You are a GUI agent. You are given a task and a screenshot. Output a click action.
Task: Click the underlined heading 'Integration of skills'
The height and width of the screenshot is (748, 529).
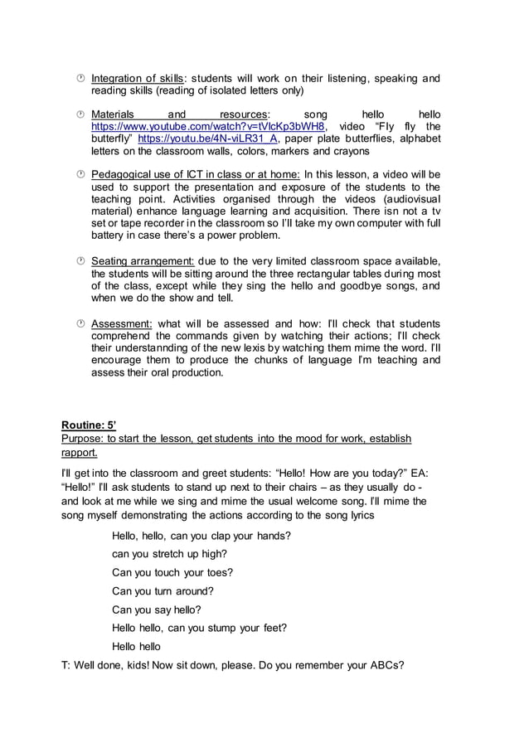click(x=137, y=79)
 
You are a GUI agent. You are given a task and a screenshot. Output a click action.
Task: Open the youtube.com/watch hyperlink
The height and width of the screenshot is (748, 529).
click(x=208, y=126)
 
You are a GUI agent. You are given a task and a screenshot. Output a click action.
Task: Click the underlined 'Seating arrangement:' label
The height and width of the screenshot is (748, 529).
click(x=142, y=262)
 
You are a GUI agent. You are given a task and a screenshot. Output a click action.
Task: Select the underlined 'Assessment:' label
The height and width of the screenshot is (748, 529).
click(x=121, y=323)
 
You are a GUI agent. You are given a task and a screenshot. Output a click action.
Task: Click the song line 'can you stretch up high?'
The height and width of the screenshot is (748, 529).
click(x=169, y=554)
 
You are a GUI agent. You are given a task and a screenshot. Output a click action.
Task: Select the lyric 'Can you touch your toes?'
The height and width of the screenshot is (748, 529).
click(x=172, y=572)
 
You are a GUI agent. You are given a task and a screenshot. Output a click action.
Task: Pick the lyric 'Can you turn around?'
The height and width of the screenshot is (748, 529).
click(x=163, y=591)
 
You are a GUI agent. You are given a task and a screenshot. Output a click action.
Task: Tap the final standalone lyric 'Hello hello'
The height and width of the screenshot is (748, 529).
click(x=136, y=647)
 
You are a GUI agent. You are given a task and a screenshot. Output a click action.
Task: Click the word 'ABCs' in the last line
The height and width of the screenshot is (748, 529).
click(x=386, y=665)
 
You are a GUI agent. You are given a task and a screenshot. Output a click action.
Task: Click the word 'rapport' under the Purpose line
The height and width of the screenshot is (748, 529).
click(x=80, y=453)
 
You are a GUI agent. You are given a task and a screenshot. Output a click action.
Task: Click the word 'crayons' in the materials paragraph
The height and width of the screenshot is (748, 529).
click(x=352, y=151)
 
